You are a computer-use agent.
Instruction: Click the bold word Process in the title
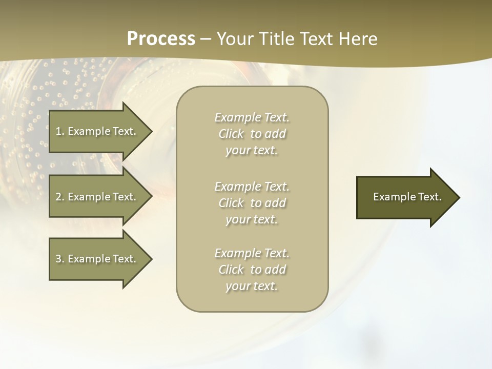click(x=161, y=39)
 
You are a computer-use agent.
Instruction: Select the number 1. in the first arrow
click(x=60, y=131)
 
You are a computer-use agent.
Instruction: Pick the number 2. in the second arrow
click(x=60, y=197)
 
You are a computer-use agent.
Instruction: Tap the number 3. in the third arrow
click(x=60, y=259)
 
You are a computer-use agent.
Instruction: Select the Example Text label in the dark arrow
click(x=407, y=197)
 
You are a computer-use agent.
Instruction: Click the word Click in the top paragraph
click(x=231, y=134)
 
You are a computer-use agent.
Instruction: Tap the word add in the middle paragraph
click(x=275, y=203)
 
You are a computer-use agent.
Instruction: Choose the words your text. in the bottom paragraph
click(x=252, y=286)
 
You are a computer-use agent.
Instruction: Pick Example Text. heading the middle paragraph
click(x=252, y=187)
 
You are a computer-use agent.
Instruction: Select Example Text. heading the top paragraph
click(x=252, y=117)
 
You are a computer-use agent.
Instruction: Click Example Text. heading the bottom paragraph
click(x=252, y=253)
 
